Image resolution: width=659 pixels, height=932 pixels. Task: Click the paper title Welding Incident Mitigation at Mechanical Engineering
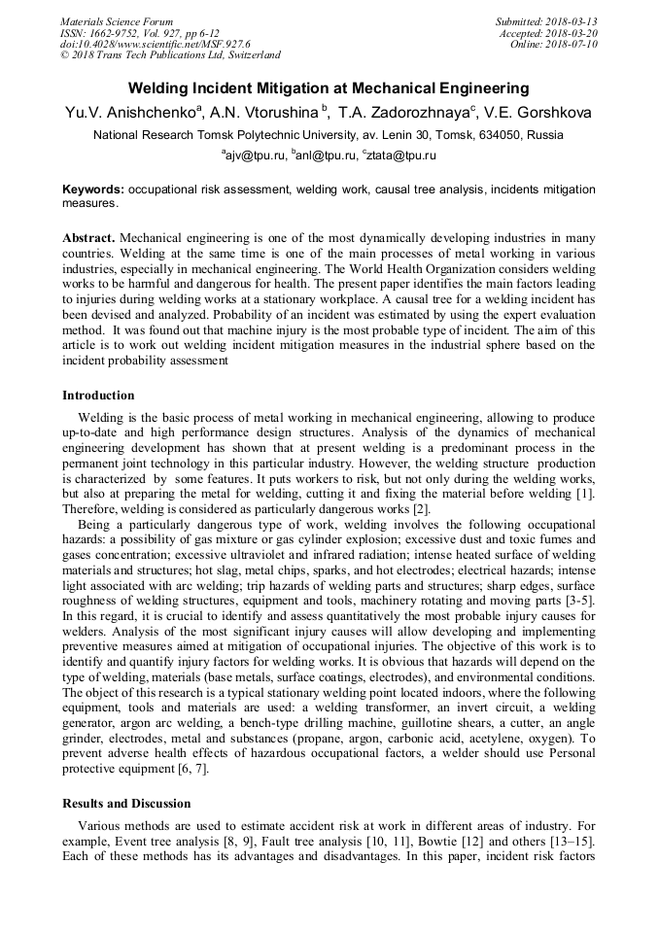point(329,87)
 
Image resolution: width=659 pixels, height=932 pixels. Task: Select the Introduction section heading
point(98,395)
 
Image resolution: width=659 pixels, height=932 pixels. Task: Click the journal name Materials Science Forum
point(117,22)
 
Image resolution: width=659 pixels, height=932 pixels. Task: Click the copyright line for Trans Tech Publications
point(170,54)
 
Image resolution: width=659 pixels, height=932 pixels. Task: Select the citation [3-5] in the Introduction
point(579,600)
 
